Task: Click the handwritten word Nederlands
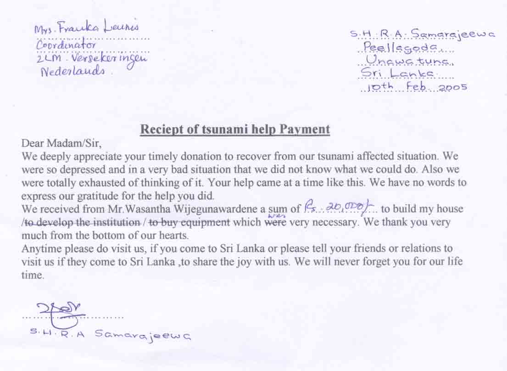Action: tap(73, 71)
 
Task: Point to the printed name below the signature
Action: tap(110, 335)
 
